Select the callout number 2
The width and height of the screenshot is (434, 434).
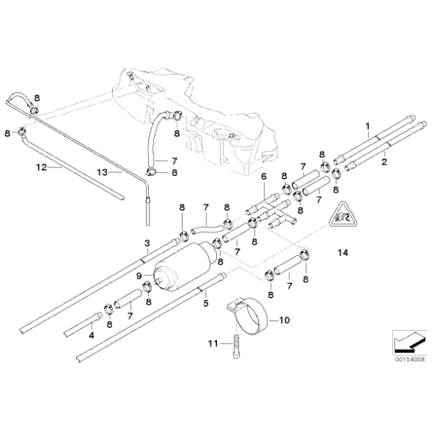(x=383, y=160)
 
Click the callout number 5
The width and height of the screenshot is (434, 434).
(x=206, y=303)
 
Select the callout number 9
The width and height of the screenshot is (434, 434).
(x=138, y=275)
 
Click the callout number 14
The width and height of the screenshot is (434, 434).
(x=343, y=254)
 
